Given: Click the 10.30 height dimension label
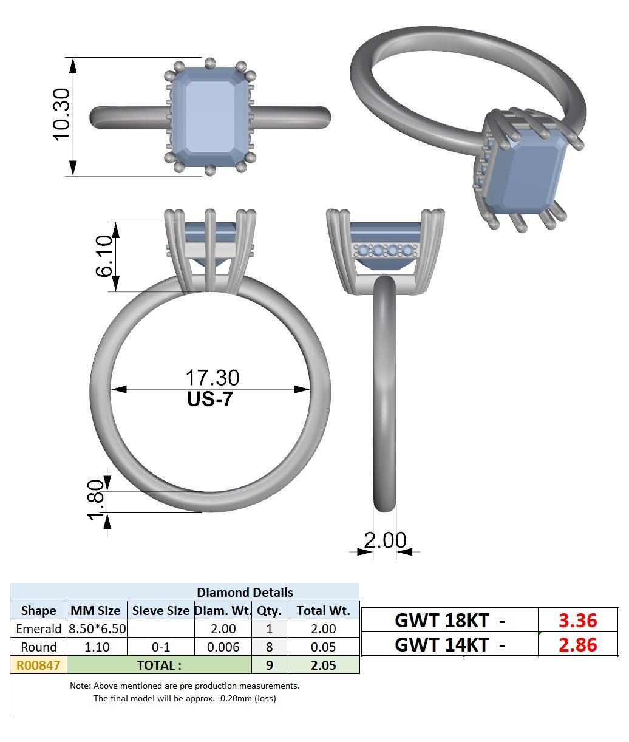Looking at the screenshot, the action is click(61, 114).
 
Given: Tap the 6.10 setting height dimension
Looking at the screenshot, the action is click(104, 256).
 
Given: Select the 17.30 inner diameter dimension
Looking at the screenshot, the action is click(212, 378).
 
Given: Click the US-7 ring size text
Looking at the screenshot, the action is click(210, 399).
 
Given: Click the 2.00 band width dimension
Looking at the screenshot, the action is click(385, 540).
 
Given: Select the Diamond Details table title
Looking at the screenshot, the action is click(245, 593).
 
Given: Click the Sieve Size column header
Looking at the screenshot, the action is click(160, 611).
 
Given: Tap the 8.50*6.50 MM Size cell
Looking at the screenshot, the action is click(97, 628).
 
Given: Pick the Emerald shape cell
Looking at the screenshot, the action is click(39, 628).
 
